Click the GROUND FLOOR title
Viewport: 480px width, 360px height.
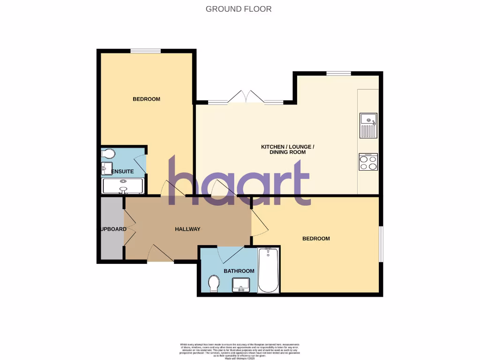coord(239,9)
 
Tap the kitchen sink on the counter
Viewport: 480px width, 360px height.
coord(368,126)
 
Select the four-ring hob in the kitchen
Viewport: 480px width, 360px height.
coord(368,162)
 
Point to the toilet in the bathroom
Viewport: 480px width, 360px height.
coord(214,283)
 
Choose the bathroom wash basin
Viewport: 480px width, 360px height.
coord(241,284)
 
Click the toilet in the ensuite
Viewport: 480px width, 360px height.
coord(108,154)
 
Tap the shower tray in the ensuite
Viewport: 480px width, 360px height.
coord(123,186)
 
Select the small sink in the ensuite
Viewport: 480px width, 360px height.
coord(106,167)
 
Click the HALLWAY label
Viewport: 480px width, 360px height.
coord(187,229)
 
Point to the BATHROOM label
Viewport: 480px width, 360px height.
coord(239,271)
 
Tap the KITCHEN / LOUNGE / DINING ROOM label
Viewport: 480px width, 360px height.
coord(287,150)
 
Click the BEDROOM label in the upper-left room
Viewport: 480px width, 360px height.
coord(146,99)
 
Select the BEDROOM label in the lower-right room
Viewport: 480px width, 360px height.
coord(316,239)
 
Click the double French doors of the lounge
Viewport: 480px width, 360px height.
coord(246,97)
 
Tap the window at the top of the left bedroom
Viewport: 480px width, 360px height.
coord(146,51)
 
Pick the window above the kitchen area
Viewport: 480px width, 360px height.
coord(338,74)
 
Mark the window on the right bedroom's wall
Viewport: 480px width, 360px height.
coord(381,244)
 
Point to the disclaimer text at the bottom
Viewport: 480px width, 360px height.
coord(240,351)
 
